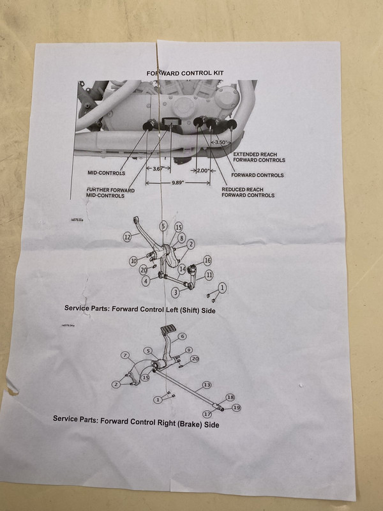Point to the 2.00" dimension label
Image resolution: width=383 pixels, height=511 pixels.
pos(203,171)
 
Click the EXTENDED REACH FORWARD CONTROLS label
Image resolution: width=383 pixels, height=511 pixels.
pos(259,157)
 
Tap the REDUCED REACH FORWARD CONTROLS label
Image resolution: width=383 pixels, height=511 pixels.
pos(248,192)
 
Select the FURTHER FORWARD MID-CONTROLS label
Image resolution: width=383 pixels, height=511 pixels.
pos(113,193)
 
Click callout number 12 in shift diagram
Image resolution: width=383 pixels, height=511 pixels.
pos(128,237)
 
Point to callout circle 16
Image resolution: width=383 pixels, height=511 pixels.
pos(207,261)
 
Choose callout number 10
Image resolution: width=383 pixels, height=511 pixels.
pos(133,261)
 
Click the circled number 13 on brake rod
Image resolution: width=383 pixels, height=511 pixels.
pos(206,386)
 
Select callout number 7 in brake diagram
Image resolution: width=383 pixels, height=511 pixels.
pos(125,355)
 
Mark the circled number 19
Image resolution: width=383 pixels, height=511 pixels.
pos(236,408)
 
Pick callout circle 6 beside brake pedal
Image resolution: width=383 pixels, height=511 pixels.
pos(183,336)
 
